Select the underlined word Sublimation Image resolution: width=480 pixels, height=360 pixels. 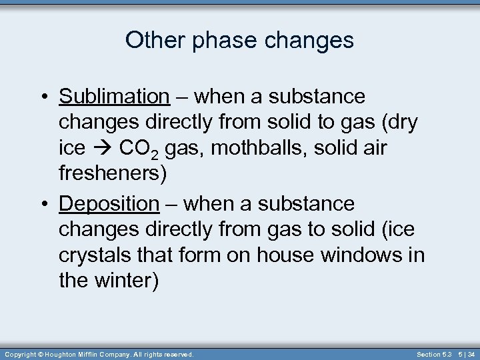click(x=115, y=97)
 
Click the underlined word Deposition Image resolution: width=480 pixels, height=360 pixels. click(x=109, y=203)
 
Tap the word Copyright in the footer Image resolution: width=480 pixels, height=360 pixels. click(x=21, y=354)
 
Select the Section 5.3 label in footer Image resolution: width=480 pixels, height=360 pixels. click(x=433, y=354)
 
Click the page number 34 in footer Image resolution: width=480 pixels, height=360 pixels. click(x=471, y=354)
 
